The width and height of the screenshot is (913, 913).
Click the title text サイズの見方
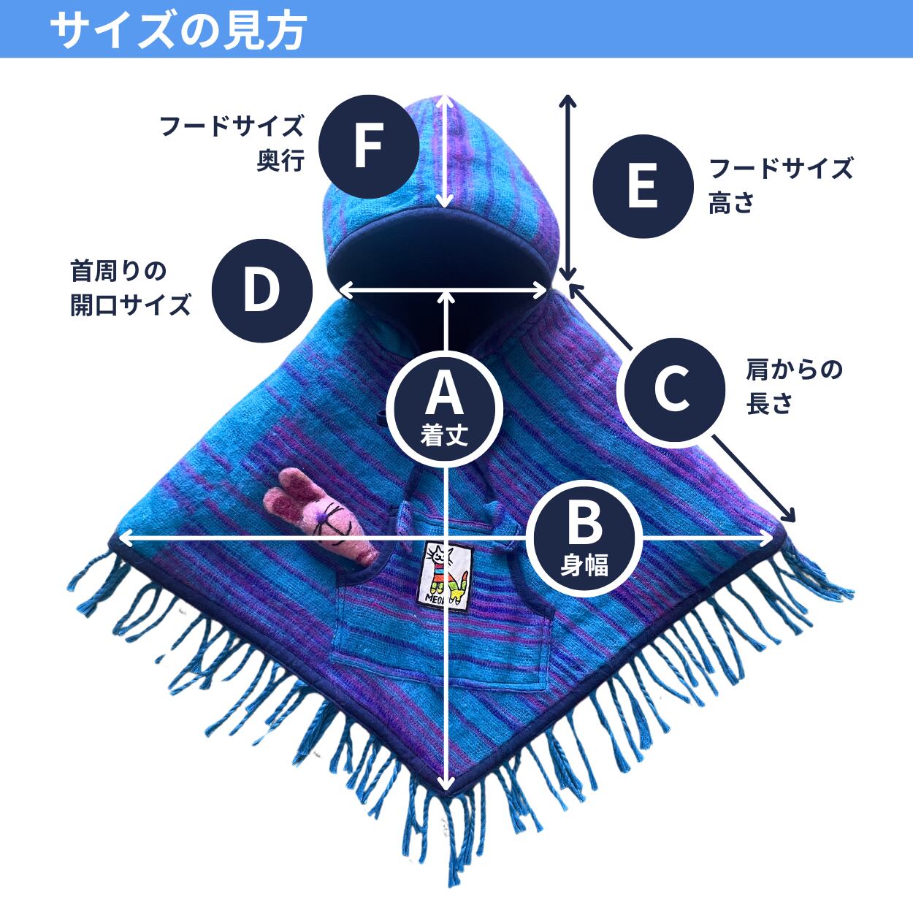[177, 30]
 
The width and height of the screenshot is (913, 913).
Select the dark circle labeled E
[642, 187]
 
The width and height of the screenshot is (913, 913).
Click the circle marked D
[261, 290]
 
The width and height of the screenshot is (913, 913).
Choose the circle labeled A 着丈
[445, 406]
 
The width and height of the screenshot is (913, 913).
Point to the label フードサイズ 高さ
[779, 186]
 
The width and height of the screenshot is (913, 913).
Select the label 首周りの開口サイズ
[130, 288]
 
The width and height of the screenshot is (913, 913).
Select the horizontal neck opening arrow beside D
[444, 290]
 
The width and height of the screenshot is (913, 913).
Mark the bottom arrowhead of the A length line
[445, 785]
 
